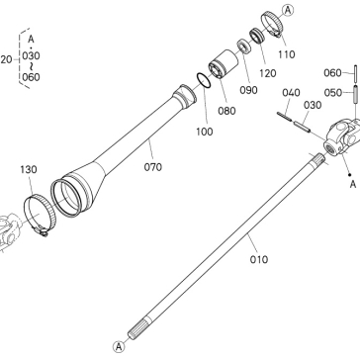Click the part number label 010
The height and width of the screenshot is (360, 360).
click(x=259, y=259)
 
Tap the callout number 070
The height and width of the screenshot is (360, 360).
click(x=153, y=167)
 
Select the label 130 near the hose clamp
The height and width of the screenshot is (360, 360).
click(x=29, y=170)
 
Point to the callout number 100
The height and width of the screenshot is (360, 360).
click(x=205, y=132)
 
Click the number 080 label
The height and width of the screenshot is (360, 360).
click(x=226, y=111)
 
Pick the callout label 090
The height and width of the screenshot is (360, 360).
click(x=248, y=90)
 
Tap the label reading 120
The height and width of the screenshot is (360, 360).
click(x=267, y=73)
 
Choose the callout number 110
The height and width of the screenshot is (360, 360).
click(x=286, y=54)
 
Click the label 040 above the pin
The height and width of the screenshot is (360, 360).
click(x=291, y=93)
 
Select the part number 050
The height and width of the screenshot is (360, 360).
click(x=333, y=93)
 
